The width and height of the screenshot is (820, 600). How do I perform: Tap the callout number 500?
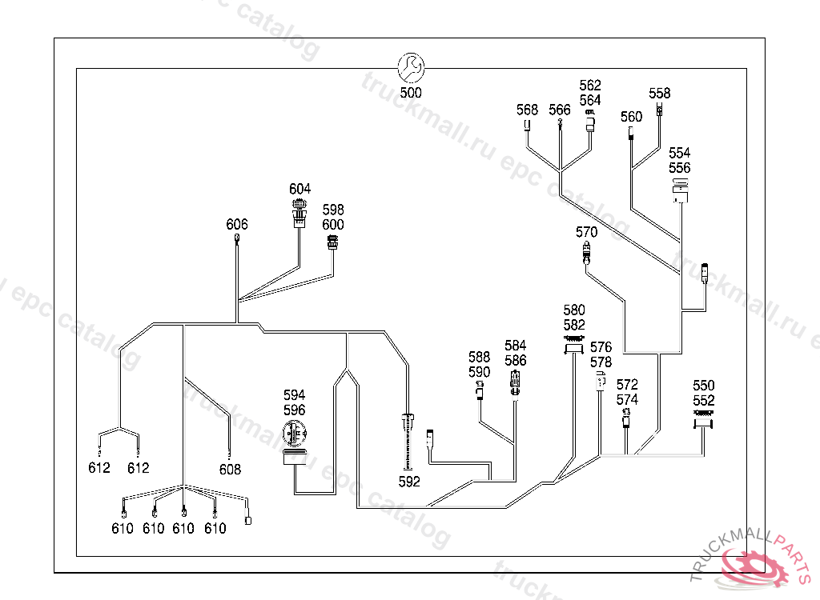(x=411, y=93)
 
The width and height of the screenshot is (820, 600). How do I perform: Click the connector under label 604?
(x=299, y=214)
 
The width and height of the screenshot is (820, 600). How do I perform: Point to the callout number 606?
(x=237, y=224)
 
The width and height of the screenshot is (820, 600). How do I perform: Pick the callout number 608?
(x=230, y=470)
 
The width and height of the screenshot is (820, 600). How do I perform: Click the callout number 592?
(x=409, y=482)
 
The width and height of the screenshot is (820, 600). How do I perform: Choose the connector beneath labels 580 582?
(x=573, y=344)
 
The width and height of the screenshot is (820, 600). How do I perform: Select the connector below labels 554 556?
(x=680, y=191)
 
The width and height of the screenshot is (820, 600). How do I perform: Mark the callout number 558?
(x=660, y=93)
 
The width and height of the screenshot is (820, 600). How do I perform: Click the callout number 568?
(x=527, y=110)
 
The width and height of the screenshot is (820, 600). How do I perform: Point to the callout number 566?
(x=560, y=110)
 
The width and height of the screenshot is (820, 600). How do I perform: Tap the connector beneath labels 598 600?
(x=333, y=242)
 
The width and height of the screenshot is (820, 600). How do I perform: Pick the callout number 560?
(x=631, y=117)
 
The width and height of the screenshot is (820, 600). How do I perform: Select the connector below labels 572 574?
(x=627, y=418)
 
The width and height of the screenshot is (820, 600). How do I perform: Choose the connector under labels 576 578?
(x=601, y=379)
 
